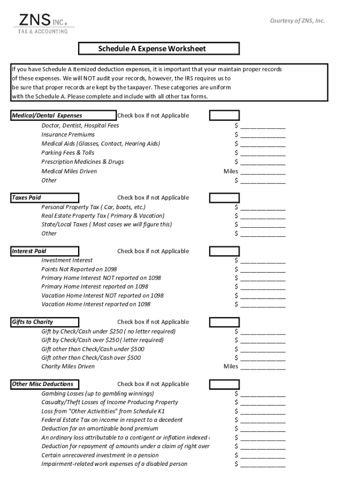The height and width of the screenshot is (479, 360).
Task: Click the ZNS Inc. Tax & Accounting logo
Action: (43, 23)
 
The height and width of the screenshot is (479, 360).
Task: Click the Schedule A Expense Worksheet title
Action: (158, 49)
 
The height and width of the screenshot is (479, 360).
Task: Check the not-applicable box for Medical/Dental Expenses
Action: (224, 116)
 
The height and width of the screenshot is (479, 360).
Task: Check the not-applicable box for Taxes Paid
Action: (224, 198)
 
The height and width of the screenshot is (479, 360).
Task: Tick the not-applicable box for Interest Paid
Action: (224, 251)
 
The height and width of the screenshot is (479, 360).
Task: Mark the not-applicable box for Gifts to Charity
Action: (224, 322)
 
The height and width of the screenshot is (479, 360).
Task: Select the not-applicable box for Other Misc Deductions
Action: (224, 385)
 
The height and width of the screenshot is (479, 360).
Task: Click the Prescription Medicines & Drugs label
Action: (83, 162)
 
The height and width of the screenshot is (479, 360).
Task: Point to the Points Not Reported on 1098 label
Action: (79, 269)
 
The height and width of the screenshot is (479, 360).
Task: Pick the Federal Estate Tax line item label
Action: (112, 420)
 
